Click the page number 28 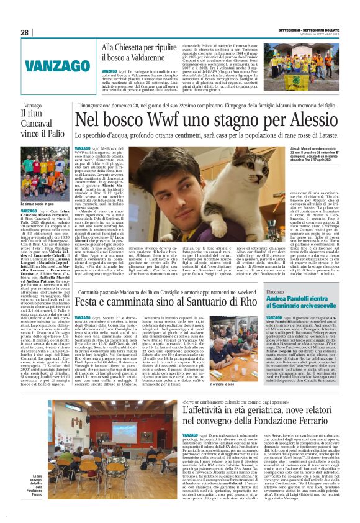tap(24, 32)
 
